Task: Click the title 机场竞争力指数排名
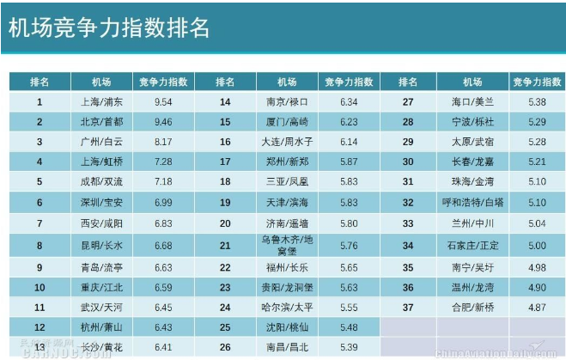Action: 109,28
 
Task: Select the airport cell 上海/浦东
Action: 101,101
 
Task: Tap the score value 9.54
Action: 163,101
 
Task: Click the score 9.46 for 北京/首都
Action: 163,122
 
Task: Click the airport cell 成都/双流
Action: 101,182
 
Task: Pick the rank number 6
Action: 40,202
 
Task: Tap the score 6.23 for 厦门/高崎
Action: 349,122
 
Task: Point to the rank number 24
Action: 225,307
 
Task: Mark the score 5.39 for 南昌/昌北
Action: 349,347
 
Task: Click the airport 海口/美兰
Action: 472,101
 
